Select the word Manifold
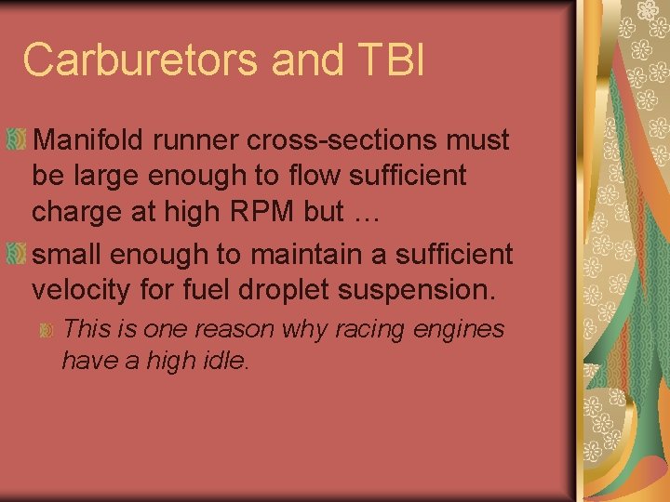click(92, 140)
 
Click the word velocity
click(80, 289)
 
